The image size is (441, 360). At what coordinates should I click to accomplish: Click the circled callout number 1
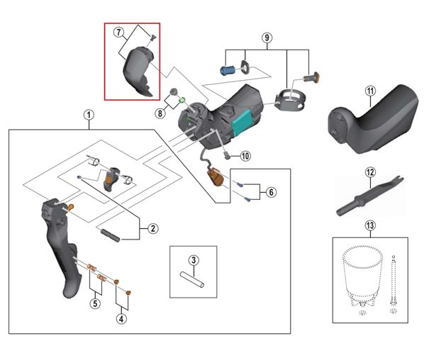point(88,114)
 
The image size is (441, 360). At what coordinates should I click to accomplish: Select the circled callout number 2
point(153,228)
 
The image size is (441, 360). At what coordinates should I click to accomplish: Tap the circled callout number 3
point(193,259)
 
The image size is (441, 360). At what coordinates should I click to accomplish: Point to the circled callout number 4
point(122,318)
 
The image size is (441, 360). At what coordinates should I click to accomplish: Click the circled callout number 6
point(272,192)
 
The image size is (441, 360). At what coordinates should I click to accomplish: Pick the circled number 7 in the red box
point(118,33)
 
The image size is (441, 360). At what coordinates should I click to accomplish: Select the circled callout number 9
point(267,37)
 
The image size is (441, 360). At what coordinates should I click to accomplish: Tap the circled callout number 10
point(245,157)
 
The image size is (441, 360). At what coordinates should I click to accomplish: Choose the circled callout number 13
point(369,226)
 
